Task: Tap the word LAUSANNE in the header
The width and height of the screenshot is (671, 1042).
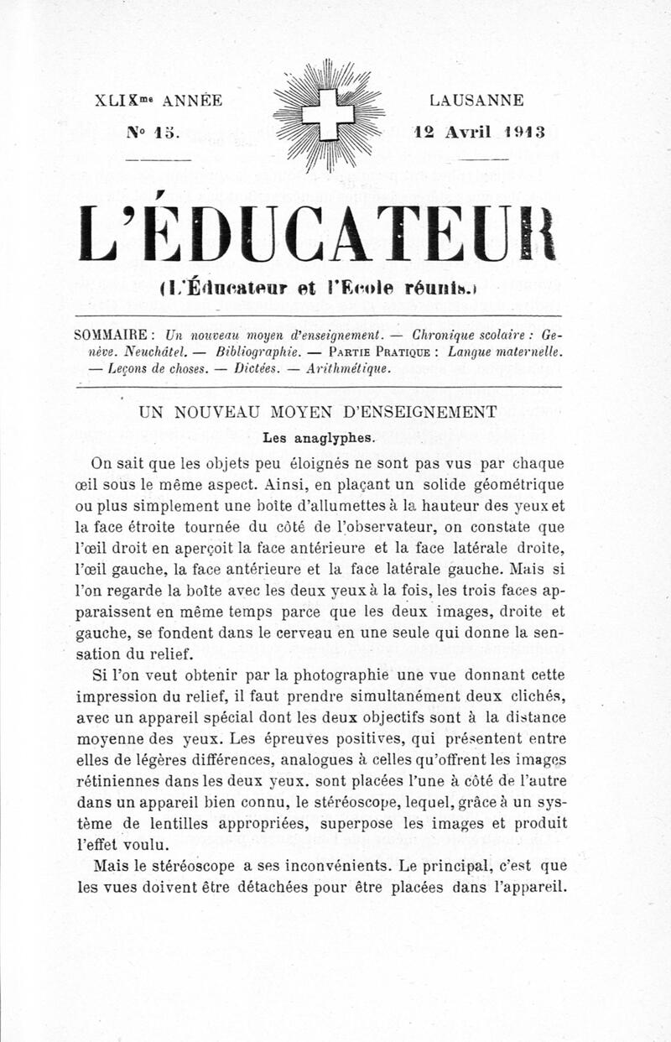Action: pos(477,101)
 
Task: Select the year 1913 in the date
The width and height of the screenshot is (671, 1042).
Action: pos(527,132)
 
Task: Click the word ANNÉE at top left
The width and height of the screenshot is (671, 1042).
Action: pos(191,101)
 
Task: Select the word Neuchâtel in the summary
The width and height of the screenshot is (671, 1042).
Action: pos(143,352)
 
